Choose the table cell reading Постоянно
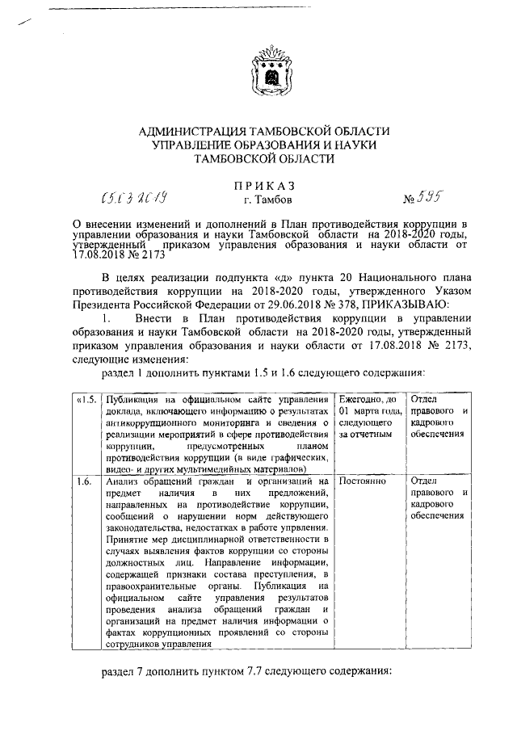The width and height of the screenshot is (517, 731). pyautogui.click(x=363, y=481)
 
